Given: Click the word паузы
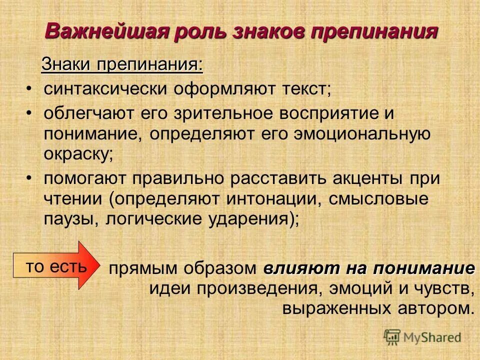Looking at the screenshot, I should click(69, 219).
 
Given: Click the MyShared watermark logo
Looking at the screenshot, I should click(422, 336).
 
